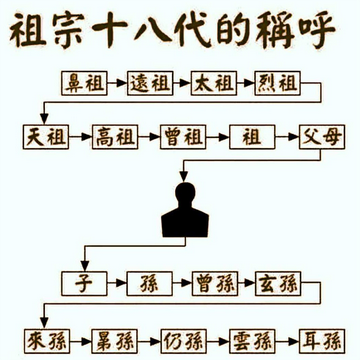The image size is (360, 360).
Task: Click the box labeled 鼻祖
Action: (x=85, y=83)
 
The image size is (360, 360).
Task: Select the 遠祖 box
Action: (x=150, y=83)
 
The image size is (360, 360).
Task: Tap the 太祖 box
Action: (x=214, y=83)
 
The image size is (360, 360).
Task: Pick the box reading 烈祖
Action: (x=278, y=83)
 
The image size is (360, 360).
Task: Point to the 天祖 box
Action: (x=46, y=137)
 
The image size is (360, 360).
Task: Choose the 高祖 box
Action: (x=115, y=137)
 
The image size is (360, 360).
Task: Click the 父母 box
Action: (x=322, y=137)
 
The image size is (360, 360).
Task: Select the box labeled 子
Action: (x=85, y=284)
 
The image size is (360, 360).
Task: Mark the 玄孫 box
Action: (x=278, y=284)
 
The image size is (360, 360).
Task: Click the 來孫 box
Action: (x=47, y=341)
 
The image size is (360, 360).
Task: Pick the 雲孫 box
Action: (x=252, y=341)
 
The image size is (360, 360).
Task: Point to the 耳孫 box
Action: (x=322, y=341)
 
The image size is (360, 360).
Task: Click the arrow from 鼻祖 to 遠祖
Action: (x=117, y=83)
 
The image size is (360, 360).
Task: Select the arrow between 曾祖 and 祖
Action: (x=218, y=137)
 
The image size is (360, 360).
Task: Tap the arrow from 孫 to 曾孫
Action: (x=182, y=284)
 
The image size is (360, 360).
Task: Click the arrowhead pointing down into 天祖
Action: (x=44, y=119)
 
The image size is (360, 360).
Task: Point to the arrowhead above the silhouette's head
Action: (x=184, y=177)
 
